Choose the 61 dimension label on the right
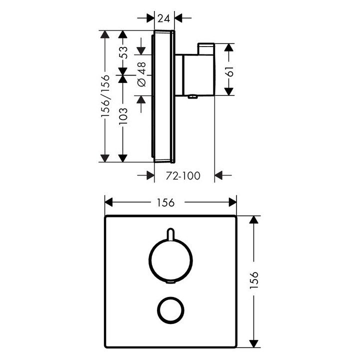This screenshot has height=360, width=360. (230, 69)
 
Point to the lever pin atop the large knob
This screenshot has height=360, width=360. (170, 234)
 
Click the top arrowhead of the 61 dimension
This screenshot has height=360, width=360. (228, 48)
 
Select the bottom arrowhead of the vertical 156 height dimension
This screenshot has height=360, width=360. (255, 343)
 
